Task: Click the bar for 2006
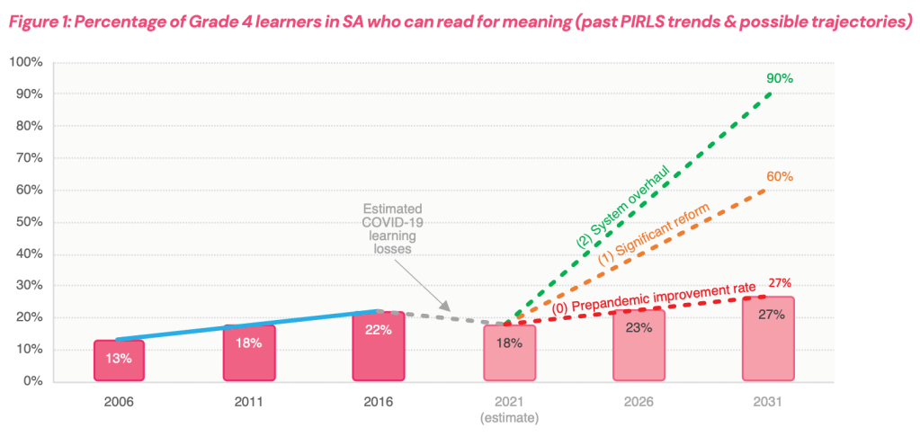click(x=119, y=360)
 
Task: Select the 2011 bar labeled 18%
click(x=248, y=352)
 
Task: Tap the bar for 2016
click(x=379, y=346)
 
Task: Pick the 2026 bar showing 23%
click(x=639, y=345)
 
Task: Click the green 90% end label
click(x=779, y=78)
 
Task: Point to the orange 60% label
click(x=779, y=176)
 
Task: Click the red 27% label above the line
click(x=779, y=282)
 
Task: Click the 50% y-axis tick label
click(x=29, y=221)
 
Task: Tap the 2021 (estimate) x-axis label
click(x=508, y=409)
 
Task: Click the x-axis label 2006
click(x=119, y=402)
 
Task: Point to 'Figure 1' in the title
click(x=45, y=23)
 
